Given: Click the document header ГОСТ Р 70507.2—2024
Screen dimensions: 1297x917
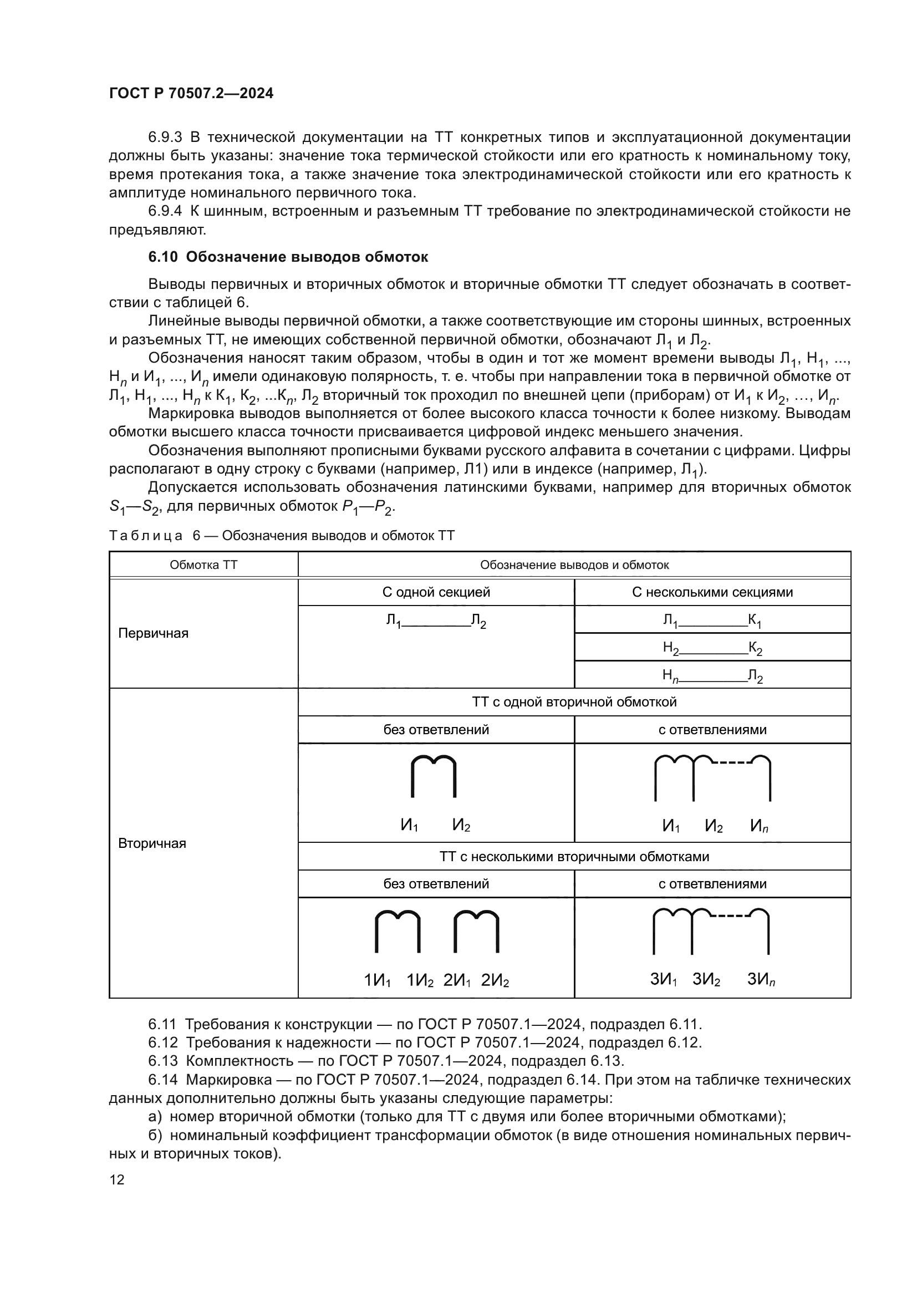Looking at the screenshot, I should [191, 93].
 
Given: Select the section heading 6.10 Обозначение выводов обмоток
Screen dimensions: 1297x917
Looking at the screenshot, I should [288, 257].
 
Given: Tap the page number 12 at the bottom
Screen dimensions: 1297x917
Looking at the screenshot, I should [117, 1179].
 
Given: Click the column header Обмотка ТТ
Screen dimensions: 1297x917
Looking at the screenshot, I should [203, 564].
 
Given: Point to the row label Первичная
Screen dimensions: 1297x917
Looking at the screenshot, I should [153, 633].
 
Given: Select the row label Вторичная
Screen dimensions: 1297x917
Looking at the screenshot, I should [152, 843].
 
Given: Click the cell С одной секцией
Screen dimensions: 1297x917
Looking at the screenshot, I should [436, 592].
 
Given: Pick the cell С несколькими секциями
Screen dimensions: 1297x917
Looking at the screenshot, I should [712, 592].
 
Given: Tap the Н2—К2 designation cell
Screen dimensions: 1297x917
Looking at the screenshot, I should [712, 648].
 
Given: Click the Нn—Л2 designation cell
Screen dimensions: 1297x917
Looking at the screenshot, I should [712, 675].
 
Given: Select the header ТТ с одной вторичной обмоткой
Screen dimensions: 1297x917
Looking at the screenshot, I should [574, 702].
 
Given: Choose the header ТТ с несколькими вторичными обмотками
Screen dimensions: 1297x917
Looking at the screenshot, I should [574, 856].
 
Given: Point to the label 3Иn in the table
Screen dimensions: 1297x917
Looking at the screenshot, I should [761, 979].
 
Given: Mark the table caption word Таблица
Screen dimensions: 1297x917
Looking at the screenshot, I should [146, 536].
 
